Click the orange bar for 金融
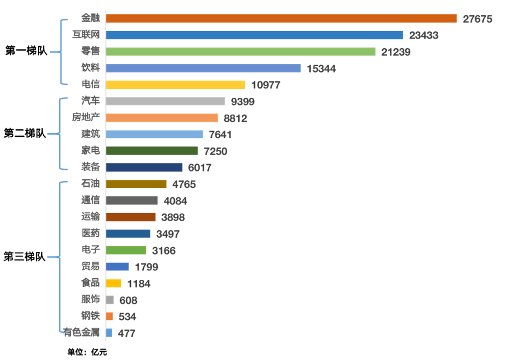pyautogui.click(x=281, y=19)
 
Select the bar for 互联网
pyautogui.click(x=255, y=35)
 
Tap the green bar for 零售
pyautogui.click(x=240, y=52)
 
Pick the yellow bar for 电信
pyautogui.click(x=176, y=85)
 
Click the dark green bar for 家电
pyautogui.click(x=152, y=151)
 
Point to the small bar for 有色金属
pyautogui.click(x=109, y=333)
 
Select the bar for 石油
pyautogui.click(x=136, y=184)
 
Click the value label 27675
pyautogui.click(x=478, y=19)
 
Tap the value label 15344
pyautogui.click(x=321, y=68)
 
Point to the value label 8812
pyautogui.click(x=235, y=118)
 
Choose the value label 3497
pyautogui.click(x=168, y=234)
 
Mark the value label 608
pyautogui.click(x=128, y=300)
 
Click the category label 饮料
pyautogui.click(x=91, y=68)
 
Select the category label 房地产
pyautogui.click(x=86, y=118)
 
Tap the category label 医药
pyautogui.click(x=91, y=233)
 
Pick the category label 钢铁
pyautogui.click(x=91, y=316)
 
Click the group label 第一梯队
pyautogui.click(x=26, y=51)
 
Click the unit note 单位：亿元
pyautogui.click(x=87, y=352)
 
